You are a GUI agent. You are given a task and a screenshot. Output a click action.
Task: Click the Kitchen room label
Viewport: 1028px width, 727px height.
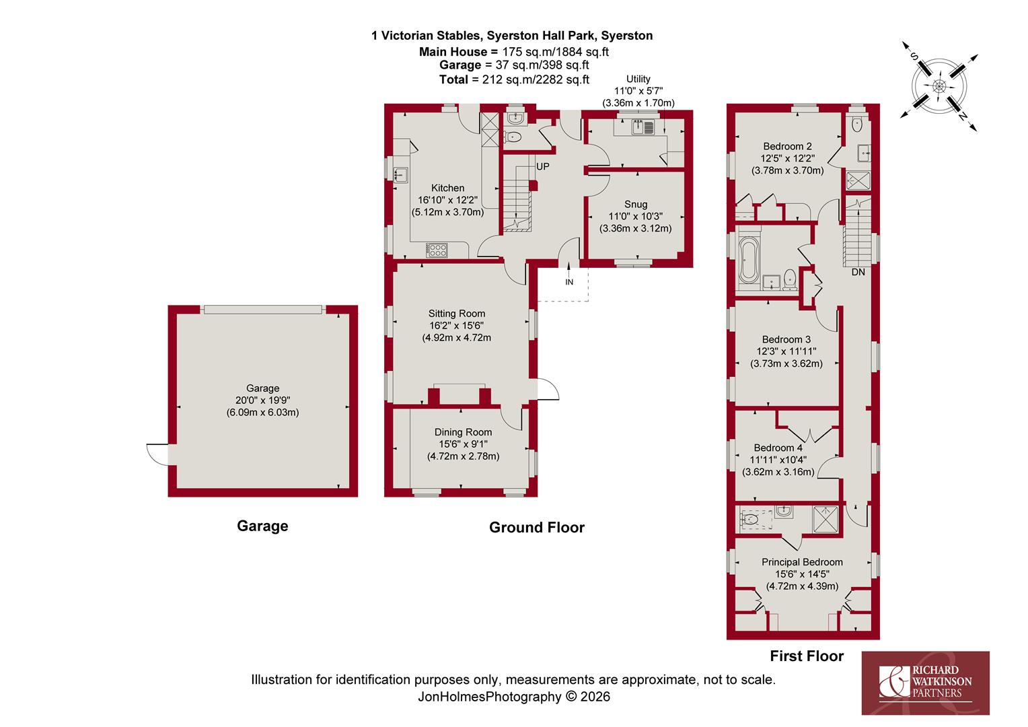(447, 188)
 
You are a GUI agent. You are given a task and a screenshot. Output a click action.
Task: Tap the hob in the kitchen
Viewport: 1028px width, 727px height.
(437, 250)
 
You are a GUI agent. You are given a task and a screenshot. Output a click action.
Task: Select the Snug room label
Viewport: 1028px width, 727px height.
(636, 205)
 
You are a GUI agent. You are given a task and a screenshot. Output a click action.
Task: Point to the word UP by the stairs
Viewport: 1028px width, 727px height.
(542, 166)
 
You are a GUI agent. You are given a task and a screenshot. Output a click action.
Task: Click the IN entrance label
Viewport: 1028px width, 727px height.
(569, 282)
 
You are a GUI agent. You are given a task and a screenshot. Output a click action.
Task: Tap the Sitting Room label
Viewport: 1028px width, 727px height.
(457, 314)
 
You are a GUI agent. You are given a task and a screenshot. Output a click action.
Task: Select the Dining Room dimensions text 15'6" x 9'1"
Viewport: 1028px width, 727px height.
(463, 444)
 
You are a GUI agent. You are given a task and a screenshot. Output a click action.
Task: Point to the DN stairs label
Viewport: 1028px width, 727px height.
(858, 272)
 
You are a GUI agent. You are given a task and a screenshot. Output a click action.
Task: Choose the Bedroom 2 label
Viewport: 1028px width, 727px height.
(788, 147)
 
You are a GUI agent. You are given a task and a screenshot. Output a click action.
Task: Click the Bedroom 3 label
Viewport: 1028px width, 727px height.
(786, 339)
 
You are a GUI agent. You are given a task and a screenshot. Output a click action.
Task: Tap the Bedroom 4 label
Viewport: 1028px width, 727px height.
(778, 448)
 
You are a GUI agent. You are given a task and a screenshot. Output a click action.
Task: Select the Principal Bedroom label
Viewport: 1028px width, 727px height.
(802, 562)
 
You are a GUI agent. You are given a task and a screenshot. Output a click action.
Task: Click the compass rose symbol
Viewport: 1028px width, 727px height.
(939, 86)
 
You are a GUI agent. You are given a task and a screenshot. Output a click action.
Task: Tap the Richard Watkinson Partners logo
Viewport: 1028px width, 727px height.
(925, 683)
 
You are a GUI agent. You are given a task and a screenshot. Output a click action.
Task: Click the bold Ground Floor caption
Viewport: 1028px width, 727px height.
(536, 527)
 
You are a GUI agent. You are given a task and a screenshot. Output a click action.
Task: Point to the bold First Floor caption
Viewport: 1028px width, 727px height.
(807, 656)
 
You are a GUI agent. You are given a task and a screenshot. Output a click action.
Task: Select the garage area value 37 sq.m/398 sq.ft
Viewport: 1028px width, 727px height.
(542, 65)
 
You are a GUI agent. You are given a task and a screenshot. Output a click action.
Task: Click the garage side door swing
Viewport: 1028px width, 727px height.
(157, 454)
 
